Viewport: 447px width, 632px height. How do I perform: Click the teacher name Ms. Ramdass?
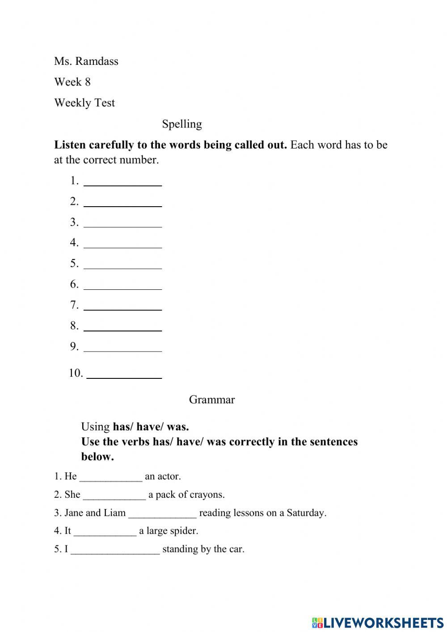click(86, 61)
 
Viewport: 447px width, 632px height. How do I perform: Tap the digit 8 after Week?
click(87, 82)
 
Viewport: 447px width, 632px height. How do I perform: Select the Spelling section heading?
click(182, 124)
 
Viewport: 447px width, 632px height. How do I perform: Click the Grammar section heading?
click(211, 399)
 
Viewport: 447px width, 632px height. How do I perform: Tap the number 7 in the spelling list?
click(74, 305)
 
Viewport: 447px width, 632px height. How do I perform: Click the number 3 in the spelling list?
click(74, 222)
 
